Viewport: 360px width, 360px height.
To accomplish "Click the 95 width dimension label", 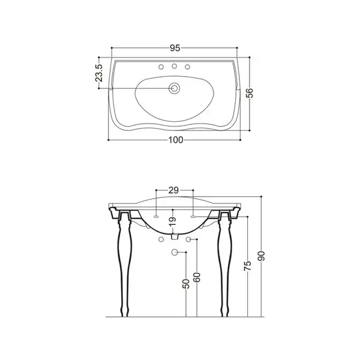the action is [175, 48].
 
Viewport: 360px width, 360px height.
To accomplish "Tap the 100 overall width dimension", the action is [176, 140].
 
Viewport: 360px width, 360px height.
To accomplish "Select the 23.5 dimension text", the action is [99, 73].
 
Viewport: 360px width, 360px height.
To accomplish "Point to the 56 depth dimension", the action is [250, 93].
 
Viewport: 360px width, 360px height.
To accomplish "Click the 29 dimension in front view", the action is [173, 190].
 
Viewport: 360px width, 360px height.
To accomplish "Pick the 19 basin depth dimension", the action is [173, 221].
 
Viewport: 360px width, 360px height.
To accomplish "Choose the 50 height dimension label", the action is [186, 284].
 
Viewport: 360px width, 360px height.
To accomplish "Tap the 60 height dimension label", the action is [197, 277].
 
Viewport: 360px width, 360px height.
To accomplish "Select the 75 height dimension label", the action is [248, 266].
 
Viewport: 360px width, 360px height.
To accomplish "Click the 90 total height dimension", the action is [261, 256].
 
